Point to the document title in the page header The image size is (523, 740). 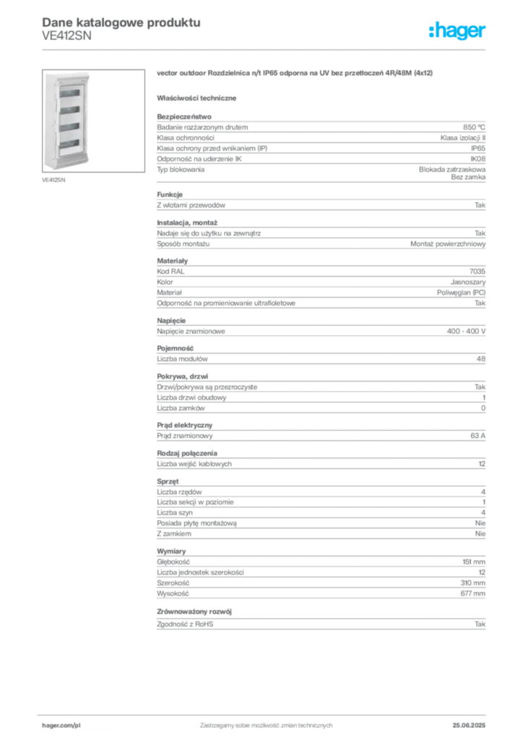coord(119,21)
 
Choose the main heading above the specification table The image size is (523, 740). coord(296,72)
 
